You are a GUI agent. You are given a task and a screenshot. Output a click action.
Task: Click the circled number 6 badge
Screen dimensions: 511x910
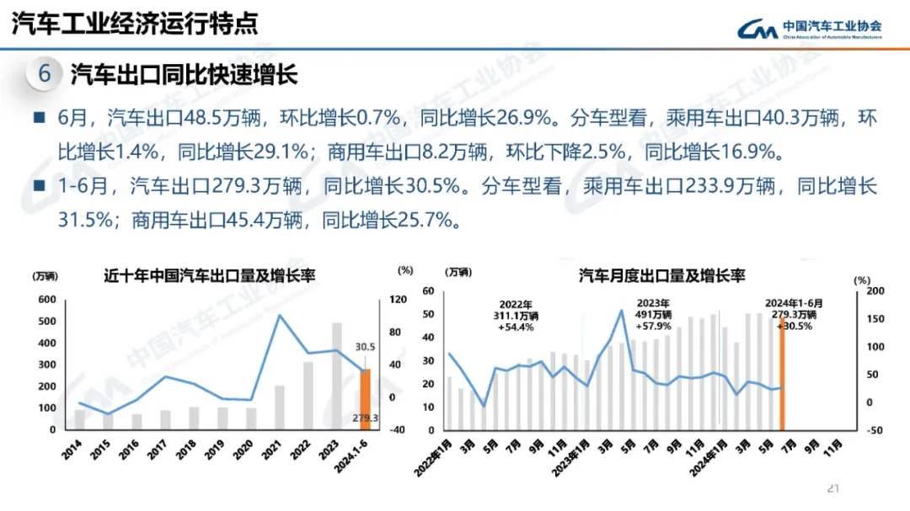tap(45, 75)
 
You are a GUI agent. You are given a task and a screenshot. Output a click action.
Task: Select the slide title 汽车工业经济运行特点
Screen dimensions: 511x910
tap(135, 24)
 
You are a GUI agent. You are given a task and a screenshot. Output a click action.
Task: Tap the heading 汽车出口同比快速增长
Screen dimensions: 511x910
tap(184, 75)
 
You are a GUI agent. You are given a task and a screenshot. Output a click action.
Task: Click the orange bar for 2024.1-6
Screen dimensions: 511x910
tap(365, 398)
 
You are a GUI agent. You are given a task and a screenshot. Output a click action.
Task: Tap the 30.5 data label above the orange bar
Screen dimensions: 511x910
tap(365, 347)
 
